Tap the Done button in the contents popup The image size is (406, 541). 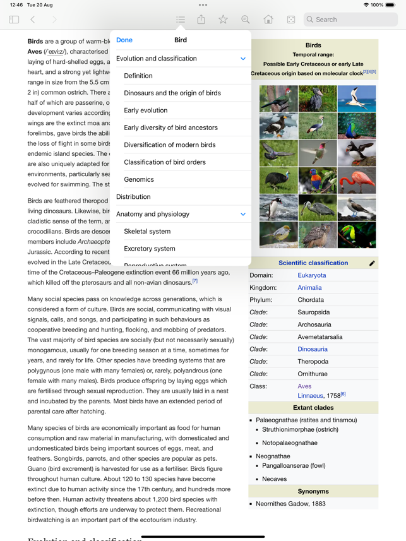pos(124,40)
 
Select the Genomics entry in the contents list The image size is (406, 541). pos(139,179)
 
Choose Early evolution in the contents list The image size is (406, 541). pos(146,110)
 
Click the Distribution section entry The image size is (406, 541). pos(133,197)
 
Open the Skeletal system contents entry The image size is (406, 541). pos(147,231)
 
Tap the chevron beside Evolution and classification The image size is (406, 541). pos(243,59)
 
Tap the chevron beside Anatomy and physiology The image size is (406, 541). pos(243,215)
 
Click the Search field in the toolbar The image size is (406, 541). pos(350,20)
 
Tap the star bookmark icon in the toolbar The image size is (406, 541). pos(223,20)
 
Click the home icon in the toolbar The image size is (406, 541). pos(268,20)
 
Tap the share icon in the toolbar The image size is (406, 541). pos(201,20)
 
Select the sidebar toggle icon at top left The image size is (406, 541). pos(14,20)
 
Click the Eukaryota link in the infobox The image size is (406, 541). pos(312,275)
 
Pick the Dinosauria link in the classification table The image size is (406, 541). pos(313,349)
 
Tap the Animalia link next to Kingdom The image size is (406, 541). pos(309,287)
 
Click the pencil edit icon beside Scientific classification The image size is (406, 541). pos(372,263)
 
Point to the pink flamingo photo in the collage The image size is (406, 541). pos(357,181)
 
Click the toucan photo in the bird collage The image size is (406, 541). pos(357,235)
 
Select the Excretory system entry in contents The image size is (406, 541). pos(150,249)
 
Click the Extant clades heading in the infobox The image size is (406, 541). pos(313,408)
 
